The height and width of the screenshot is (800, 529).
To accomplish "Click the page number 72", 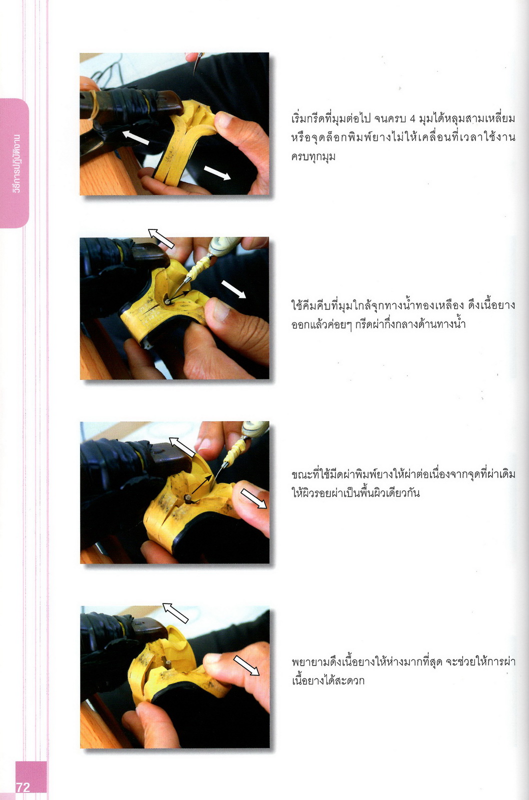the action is point(23,787).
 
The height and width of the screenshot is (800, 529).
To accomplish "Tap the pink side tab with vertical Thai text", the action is point(15,163).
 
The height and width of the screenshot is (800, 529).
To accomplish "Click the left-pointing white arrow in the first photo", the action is point(135,138).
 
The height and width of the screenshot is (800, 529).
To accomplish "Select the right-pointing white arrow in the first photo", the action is point(217,173).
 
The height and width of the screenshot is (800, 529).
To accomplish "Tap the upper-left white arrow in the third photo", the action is point(182,447).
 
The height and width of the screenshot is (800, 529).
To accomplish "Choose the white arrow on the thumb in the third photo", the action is point(253,498).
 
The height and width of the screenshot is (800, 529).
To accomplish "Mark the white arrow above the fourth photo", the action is point(175,613).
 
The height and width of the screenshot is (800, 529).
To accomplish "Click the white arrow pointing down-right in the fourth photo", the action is point(246,665).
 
